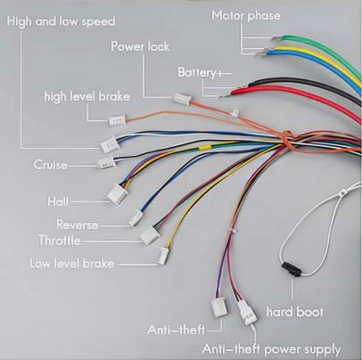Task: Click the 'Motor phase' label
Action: [246, 15]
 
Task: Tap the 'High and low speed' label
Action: [61, 21]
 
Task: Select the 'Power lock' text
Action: [140, 46]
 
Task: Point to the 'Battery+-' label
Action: [205, 72]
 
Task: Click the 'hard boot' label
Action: [294, 312]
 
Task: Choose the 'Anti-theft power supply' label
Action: [271, 349]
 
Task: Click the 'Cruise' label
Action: [50, 165]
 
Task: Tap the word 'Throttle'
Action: [60, 240]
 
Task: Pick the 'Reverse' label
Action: [78, 225]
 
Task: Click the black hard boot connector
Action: [292, 269]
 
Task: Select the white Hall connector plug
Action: [117, 194]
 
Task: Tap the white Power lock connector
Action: [182, 98]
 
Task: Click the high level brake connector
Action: [117, 120]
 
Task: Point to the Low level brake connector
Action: [163, 256]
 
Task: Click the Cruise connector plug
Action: [106, 163]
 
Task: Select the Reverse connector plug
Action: [136, 218]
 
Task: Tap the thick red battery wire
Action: [297, 98]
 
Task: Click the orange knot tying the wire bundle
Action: [287, 140]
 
